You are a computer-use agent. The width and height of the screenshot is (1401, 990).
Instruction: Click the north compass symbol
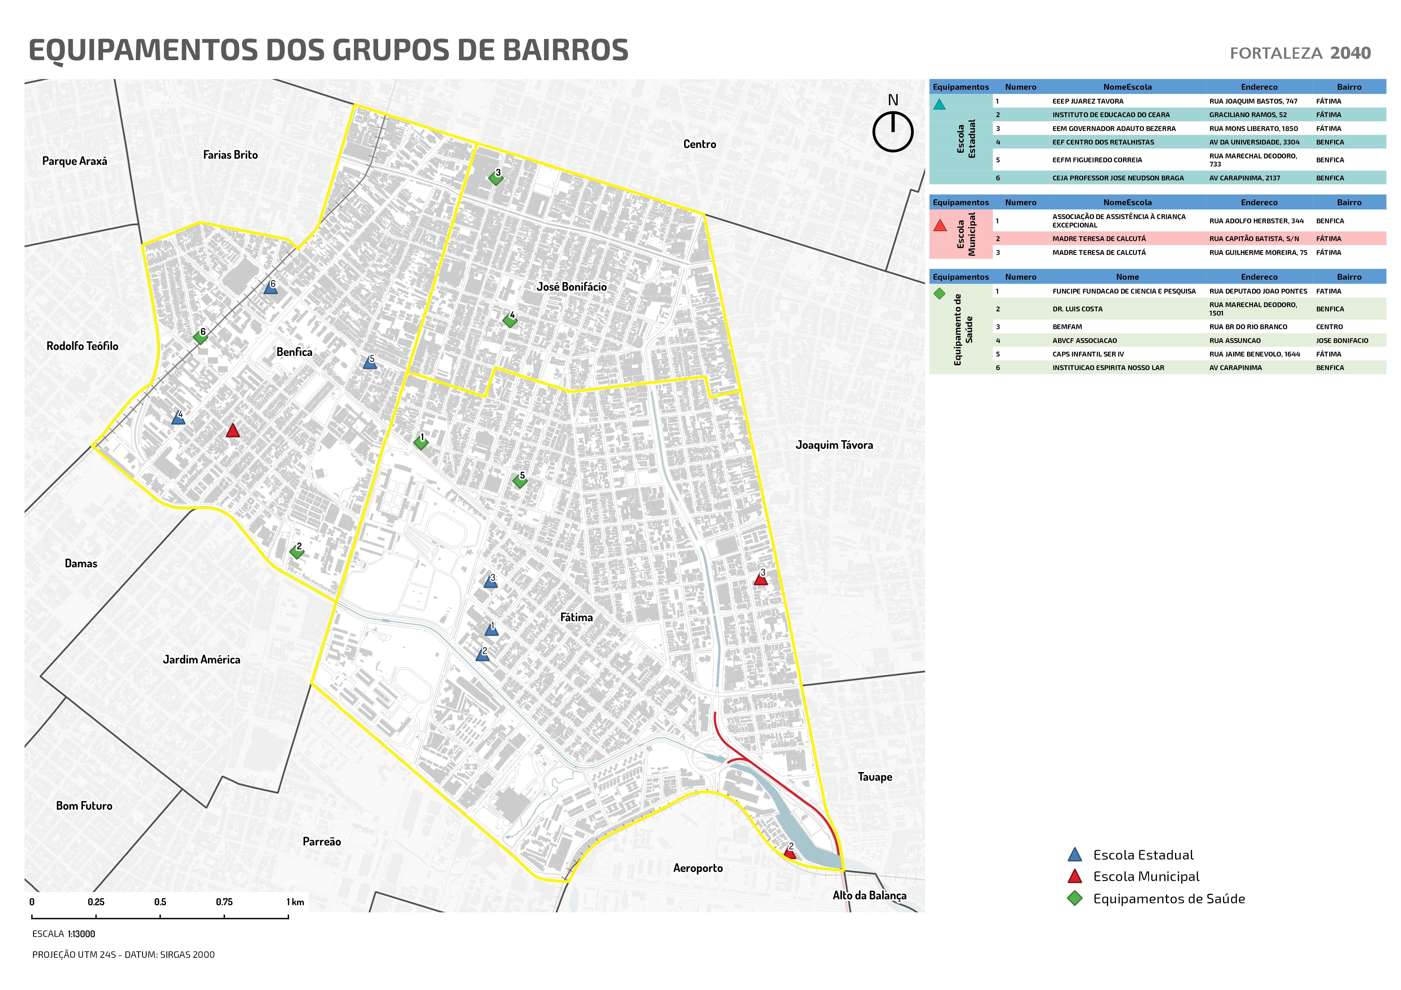(x=893, y=130)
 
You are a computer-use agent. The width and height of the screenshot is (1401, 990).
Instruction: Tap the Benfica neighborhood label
(x=294, y=352)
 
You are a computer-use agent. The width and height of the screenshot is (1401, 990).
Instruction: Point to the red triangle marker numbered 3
(x=760, y=579)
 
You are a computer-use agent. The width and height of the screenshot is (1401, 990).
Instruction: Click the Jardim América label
(x=201, y=659)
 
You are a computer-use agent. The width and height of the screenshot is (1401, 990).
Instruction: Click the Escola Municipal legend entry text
(x=1146, y=877)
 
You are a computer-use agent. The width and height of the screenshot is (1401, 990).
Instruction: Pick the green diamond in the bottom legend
(x=1074, y=899)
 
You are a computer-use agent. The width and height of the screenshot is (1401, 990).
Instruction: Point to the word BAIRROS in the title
(x=566, y=50)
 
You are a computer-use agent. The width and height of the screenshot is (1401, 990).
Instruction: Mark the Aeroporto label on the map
(x=698, y=868)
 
